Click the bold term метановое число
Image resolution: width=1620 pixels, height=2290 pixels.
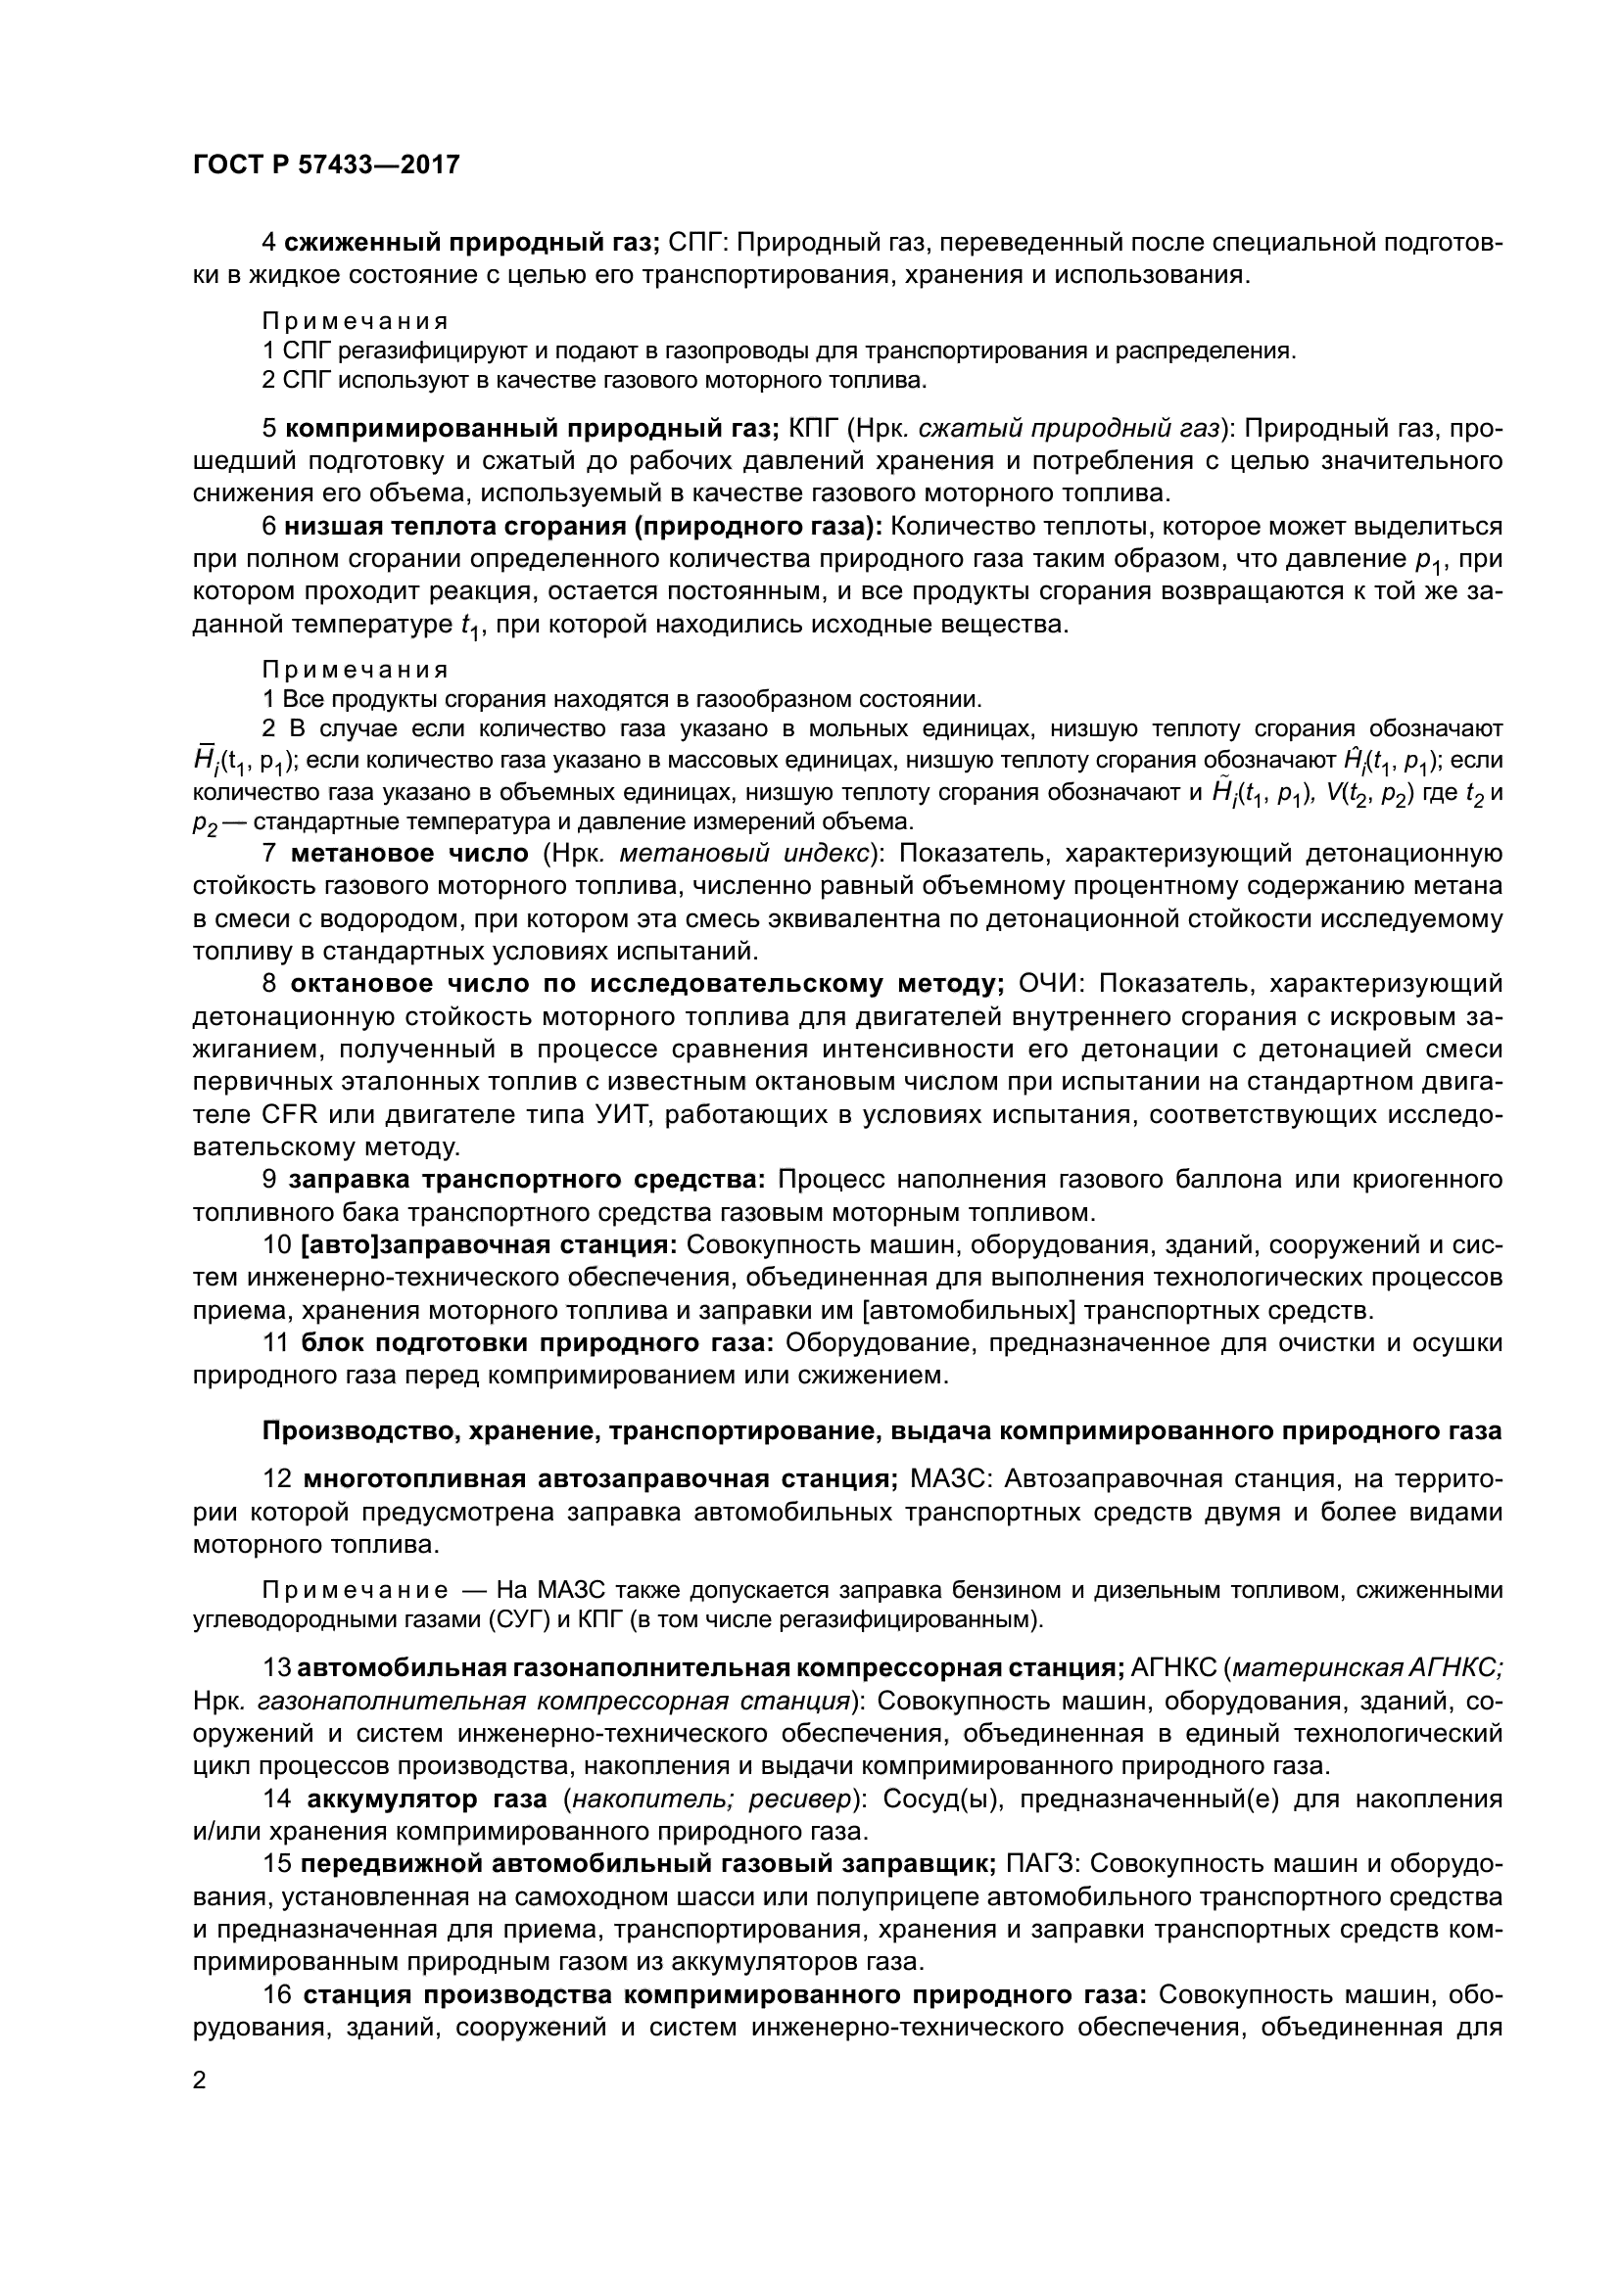click(409, 854)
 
